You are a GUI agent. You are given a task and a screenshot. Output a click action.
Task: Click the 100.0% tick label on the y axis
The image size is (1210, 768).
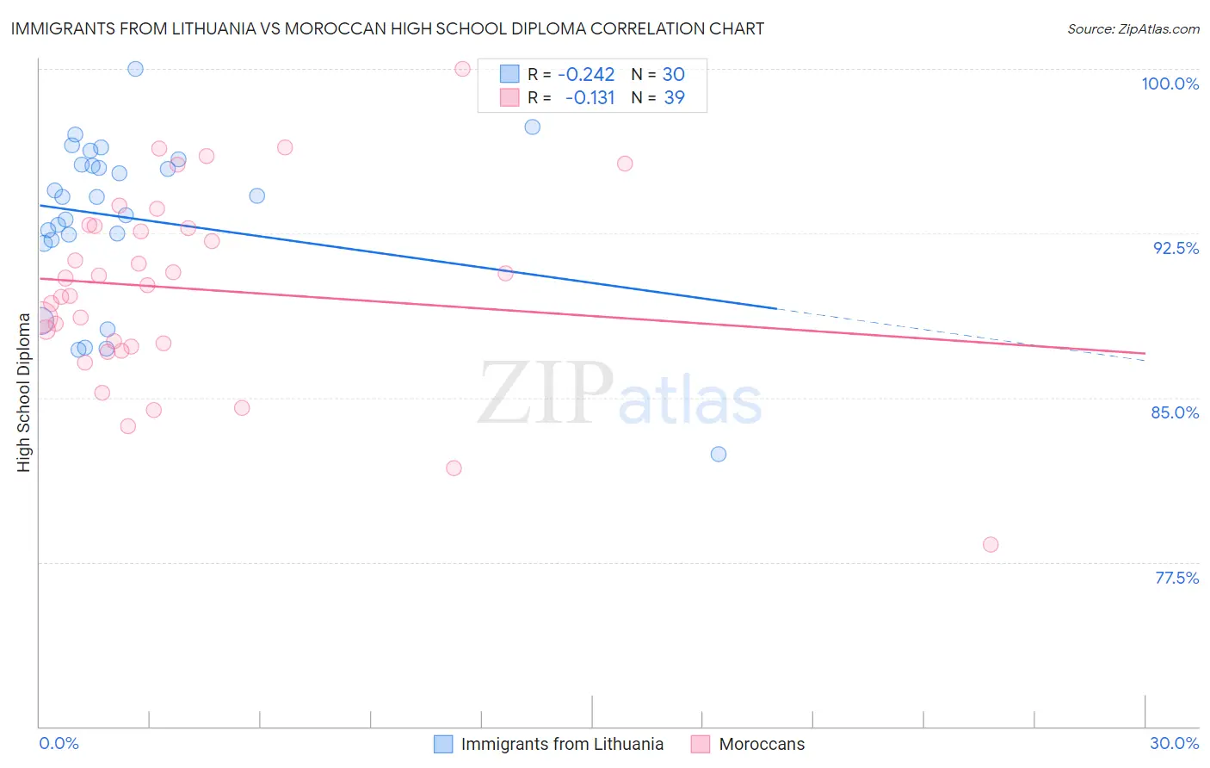coord(1170,84)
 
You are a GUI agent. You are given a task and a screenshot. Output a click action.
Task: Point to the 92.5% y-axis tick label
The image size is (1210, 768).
coord(1176,248)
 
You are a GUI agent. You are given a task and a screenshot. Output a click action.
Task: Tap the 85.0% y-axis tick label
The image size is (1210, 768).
coord(1175,412)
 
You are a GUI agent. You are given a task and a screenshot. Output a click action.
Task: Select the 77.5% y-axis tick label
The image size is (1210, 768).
coord(1176,578)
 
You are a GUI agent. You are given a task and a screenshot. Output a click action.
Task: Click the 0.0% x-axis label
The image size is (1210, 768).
coord(59,743)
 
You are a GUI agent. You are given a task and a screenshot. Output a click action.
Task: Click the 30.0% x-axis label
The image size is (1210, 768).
coord(1174,743)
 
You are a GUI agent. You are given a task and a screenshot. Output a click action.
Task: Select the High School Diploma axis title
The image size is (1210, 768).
coord(24,392)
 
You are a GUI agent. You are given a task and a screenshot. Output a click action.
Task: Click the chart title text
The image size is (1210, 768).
coord(387,28)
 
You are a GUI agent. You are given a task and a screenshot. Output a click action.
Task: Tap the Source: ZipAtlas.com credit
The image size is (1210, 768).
coord(1133,29)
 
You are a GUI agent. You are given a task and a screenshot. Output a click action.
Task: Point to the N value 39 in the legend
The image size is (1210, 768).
coord(674,98)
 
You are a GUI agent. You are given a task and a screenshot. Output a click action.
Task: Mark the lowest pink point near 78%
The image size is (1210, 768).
coord(991,545)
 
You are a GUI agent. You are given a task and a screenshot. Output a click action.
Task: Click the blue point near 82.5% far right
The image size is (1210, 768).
coord(719,455)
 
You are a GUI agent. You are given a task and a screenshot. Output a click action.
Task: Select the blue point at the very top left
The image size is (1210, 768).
coord(135,69)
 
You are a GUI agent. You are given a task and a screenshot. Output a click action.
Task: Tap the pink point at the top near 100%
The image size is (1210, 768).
coord(462,69)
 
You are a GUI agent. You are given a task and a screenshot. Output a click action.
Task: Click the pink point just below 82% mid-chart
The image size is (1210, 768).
coord(454,468)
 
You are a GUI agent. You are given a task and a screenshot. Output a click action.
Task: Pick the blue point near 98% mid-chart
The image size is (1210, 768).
coord(533,127)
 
